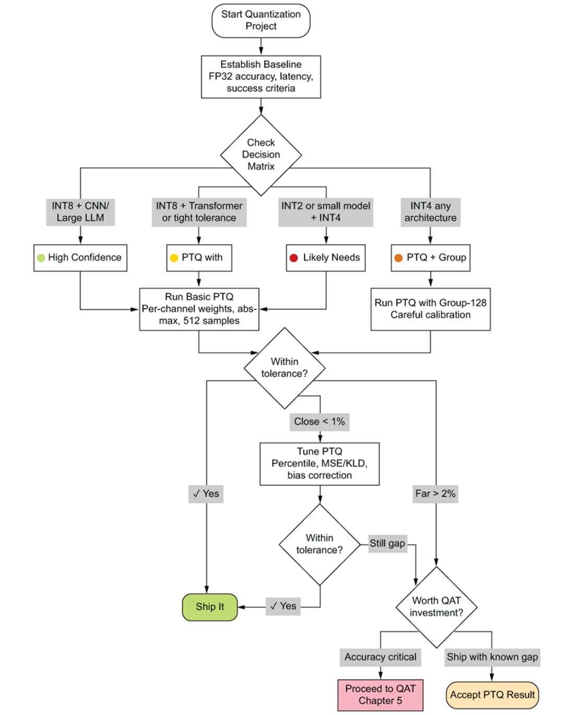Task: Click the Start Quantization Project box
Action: pos(261,20)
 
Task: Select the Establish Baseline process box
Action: pos(261,77)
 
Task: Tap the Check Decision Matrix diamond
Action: pos(261,155)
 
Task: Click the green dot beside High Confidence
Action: pos(41,258)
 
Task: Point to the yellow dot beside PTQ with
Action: pos(174,258)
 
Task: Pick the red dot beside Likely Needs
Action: pos(294,258)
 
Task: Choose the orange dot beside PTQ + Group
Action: pos(398,258)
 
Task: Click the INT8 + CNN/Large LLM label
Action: pos(80,212)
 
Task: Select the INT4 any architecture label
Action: pos(430,212)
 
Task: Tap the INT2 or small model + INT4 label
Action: pos(326,212)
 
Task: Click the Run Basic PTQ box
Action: pos(199,309)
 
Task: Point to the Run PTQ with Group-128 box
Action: pos(430,309)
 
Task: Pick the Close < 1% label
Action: pos(319,422)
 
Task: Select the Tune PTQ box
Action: pos(319,464)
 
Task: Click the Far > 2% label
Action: pos(435,494)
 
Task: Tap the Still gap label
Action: pos(387,543)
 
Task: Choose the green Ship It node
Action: pos(210,607)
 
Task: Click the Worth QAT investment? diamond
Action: pos(436,607)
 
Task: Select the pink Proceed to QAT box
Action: pos(380,695)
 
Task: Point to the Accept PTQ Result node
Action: pos(492,695)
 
